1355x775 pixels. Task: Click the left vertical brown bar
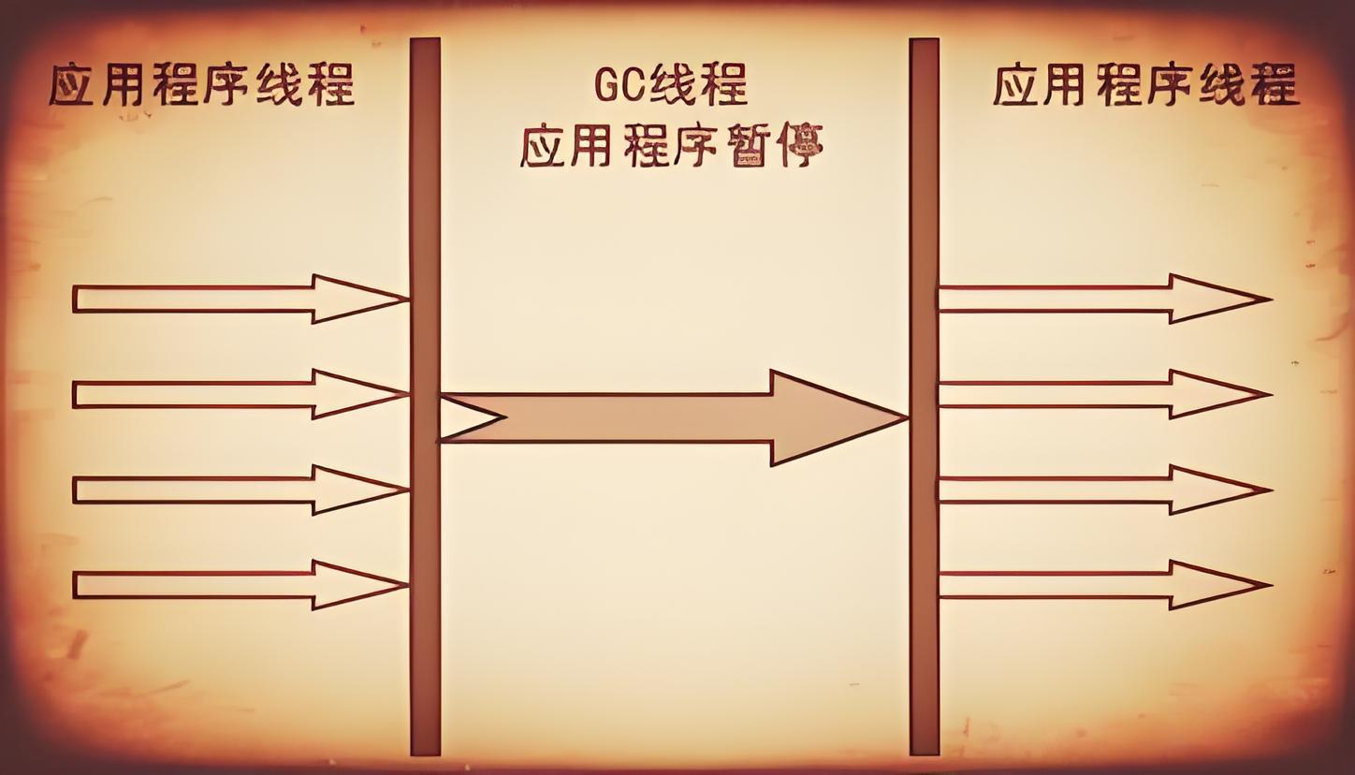pos(425,562)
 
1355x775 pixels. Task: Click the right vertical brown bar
pos(924,562)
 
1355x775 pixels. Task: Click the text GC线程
pos(670,86)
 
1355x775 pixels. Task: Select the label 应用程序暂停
pos(670,147)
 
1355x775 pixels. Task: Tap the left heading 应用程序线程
pos(201,85)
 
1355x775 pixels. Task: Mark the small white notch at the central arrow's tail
pos(464,417)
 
